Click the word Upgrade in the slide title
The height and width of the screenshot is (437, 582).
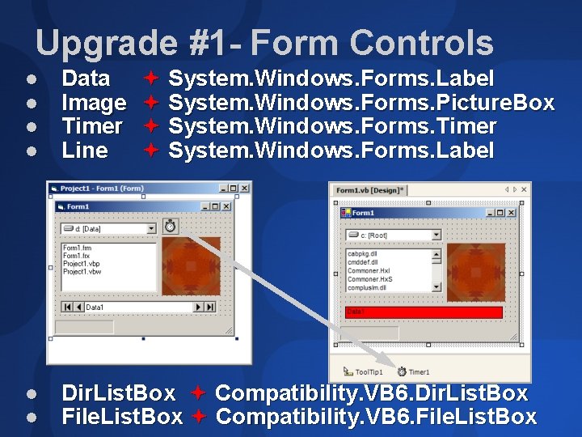(x=105, y=43)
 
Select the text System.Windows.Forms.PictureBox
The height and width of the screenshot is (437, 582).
(x=361, y=103)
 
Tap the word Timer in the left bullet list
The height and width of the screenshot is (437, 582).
(x=92, y=126)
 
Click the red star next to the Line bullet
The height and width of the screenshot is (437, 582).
(x=150, y=150)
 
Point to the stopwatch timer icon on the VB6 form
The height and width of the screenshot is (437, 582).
(x=171, y=226)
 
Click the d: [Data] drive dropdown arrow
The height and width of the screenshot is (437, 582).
(x=151, y=229)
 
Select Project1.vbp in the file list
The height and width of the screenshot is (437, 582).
(x=82, y=264)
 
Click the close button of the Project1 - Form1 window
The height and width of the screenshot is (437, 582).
(x=244, y=189)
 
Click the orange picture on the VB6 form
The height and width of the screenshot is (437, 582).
(x=191, y=265)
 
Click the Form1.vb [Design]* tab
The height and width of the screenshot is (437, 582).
(x=369, y=190)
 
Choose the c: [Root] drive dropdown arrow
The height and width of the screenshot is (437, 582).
(x=436, y=235)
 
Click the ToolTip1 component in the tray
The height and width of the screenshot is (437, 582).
(x=359, y=371)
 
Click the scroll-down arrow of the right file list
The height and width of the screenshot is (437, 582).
(x=436, y=286)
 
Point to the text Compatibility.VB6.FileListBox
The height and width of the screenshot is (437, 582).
(x=376, y=417)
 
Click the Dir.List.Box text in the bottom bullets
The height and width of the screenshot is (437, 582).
(x=119, y=393)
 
